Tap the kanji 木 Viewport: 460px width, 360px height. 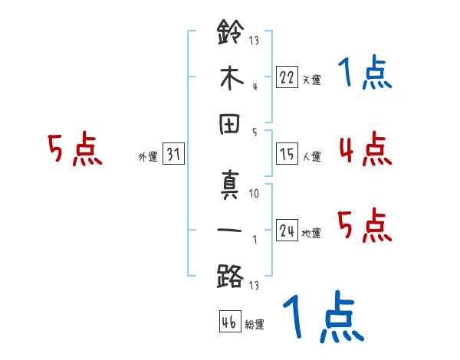tap(230, 79)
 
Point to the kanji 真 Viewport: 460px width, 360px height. tap(230, 186)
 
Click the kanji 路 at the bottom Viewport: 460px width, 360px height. tap(230, 274)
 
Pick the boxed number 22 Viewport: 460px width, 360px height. tap(286, 76)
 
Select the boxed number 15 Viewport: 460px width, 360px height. tap(286, 154)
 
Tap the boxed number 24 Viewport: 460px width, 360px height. tap(286, 230)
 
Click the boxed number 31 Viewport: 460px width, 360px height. tap(173, 155)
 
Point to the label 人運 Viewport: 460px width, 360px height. tap(311, 157)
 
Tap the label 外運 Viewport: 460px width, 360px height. tap(148, 158)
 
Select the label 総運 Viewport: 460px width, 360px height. tap(255, 325)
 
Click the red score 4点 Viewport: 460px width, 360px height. tap(365, 149)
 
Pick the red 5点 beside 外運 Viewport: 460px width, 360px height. tap(74, 149)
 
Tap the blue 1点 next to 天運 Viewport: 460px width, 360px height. tap(365, 74)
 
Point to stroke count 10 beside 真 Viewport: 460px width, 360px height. tap(255, 193)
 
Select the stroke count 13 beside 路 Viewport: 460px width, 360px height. tap(255, 285)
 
